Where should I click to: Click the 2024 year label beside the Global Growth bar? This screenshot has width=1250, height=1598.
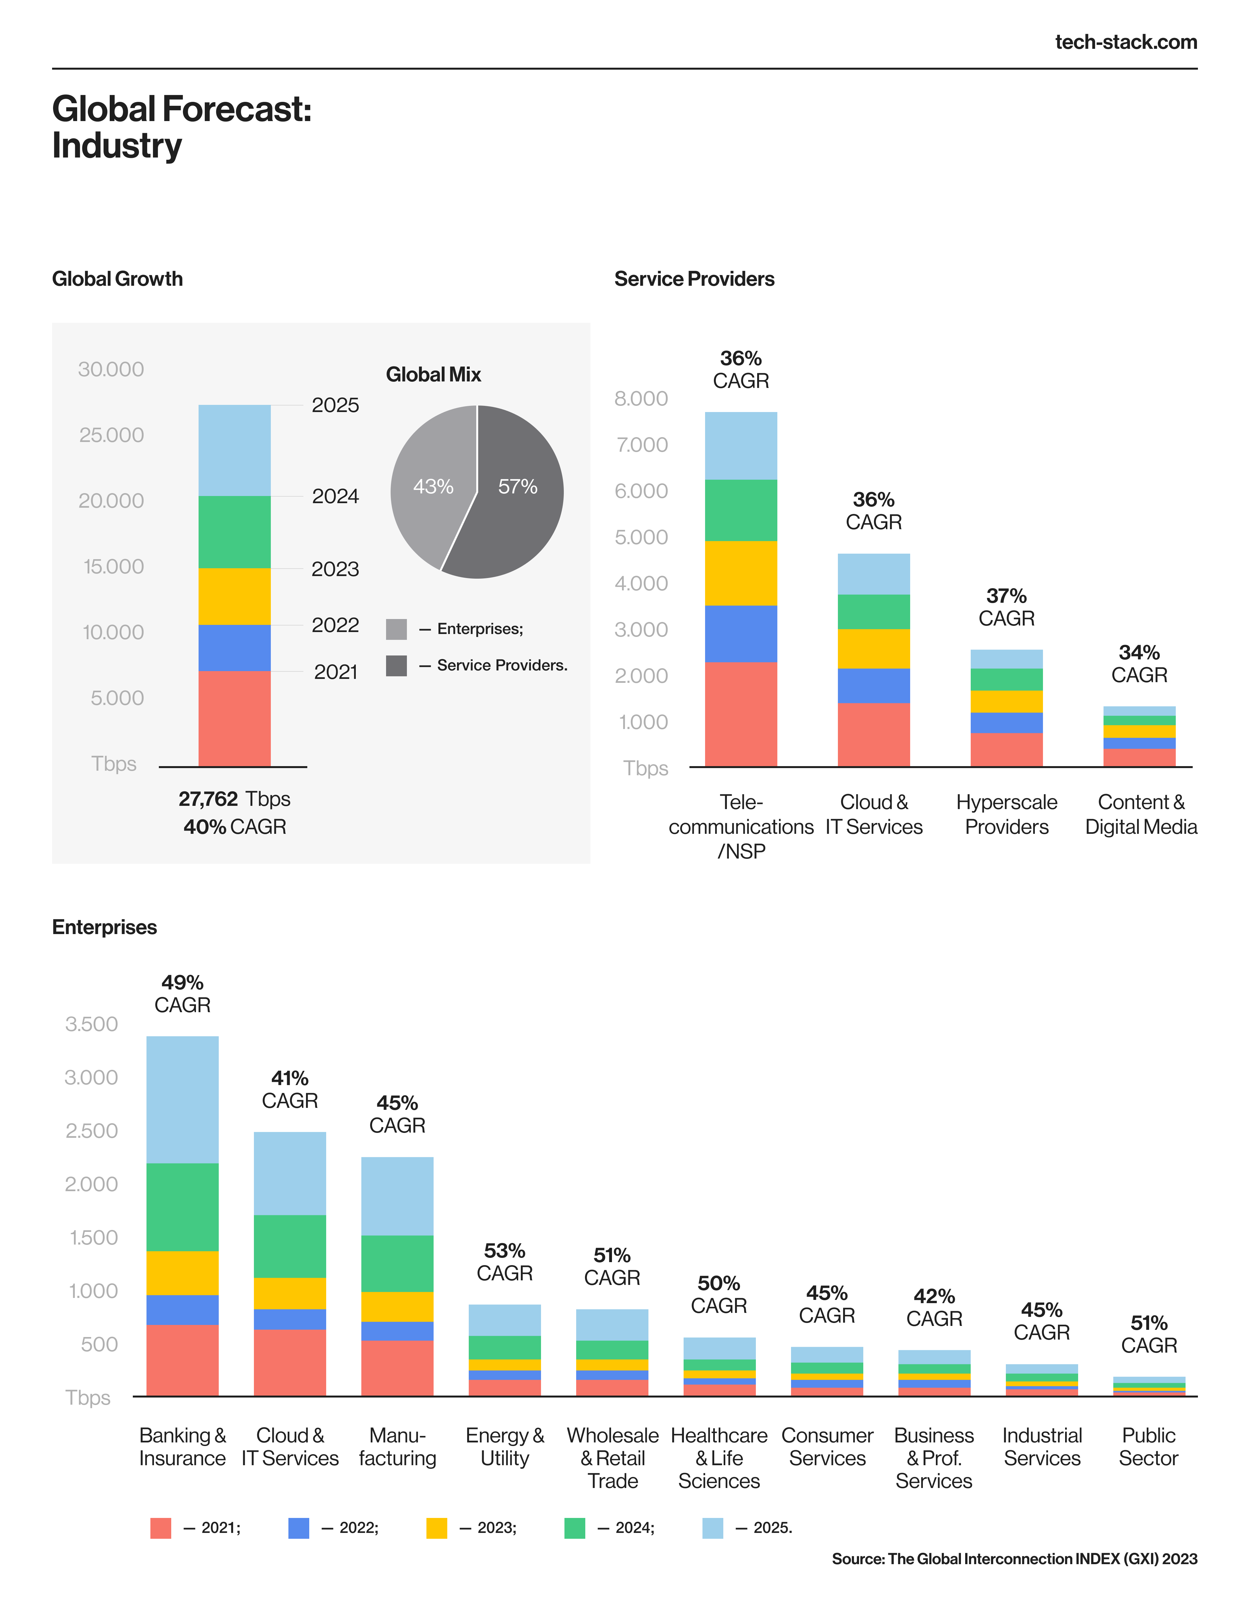[335, 496]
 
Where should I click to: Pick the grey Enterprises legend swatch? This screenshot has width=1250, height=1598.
[396, 629]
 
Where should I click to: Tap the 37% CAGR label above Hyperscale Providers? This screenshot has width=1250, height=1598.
[1006, 607]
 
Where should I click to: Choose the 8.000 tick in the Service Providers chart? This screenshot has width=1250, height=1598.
[641, 399]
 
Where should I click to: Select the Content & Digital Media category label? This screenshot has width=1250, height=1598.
[1140, 814]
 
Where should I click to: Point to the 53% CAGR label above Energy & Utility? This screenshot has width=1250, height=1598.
[504, 1262]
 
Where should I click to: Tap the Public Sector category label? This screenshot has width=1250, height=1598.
[1148, 1447]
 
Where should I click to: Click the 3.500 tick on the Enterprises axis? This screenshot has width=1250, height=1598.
[91, 1024]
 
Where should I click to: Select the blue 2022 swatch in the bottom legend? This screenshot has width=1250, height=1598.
[299, 1528]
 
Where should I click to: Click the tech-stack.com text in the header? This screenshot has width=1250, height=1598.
[1126, 42]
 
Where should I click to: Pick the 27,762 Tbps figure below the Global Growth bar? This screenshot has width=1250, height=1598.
[234, 799]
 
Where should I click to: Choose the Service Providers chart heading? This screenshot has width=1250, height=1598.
[694, 279]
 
